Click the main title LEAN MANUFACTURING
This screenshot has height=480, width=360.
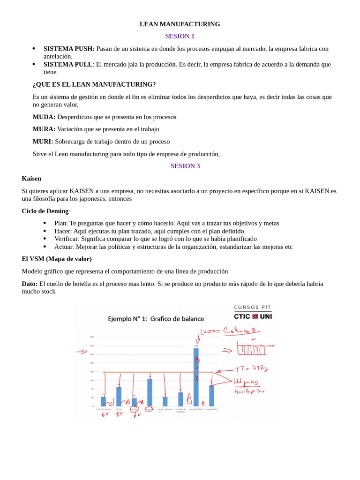click(180, 24)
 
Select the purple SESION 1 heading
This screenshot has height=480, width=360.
click(180, 37)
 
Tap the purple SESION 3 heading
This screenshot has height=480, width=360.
click(185, 166)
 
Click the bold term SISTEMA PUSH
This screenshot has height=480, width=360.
click(69, 49)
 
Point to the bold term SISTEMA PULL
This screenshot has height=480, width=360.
click(67, 64)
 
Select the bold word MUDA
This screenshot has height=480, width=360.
click(44, 117)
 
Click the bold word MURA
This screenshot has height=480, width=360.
click(44, 129)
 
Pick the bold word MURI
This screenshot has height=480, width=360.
click(43, 142)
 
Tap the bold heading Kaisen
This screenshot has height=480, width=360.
click(31, 179)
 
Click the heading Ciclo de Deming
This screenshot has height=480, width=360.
click(45, 211)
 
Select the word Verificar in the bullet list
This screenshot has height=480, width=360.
click(66, 239)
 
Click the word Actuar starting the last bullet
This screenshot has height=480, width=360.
click(64, 247)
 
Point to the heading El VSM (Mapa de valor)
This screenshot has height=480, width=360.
click(57, 259)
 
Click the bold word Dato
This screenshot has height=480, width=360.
click(30, 284)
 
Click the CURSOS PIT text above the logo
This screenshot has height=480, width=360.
click(253, 307)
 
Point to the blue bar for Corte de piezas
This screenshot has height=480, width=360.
click(103, 402)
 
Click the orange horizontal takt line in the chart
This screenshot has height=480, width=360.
click(150, 372)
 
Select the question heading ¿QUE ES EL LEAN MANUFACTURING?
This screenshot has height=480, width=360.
click(94, 85)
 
